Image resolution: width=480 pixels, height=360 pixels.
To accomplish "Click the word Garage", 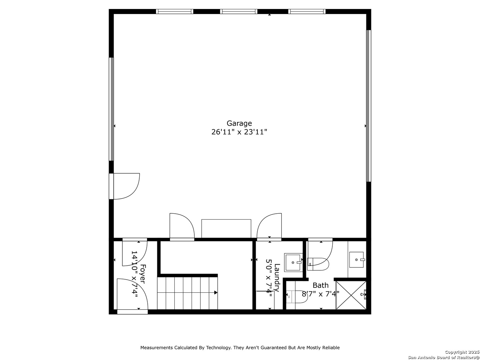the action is [x=239, y=123].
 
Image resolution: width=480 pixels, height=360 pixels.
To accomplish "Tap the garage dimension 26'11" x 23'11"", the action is [x=239, y=132].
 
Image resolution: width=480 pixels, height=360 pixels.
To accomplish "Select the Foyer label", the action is [x=143, y=274].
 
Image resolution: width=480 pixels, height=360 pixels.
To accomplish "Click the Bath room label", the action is [x=320, y=285].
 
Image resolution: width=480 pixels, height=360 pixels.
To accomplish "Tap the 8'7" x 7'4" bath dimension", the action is [x=320, y=294].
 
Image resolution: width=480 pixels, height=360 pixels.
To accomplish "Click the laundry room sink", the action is [x=293, y=262].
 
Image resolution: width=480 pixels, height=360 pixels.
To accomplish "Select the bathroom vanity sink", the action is [x=356, y=260].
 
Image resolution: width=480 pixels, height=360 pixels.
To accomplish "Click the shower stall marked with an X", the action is [x=351, y=295].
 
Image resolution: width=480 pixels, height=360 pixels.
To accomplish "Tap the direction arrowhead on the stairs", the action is [x=216, y=292].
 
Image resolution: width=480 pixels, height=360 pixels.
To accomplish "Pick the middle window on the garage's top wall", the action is [x=239, y=11].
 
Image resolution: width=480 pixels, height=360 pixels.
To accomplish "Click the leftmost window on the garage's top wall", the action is [x=175, y=11].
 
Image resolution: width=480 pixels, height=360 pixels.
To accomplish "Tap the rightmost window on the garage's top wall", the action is [x=307, y=11].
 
